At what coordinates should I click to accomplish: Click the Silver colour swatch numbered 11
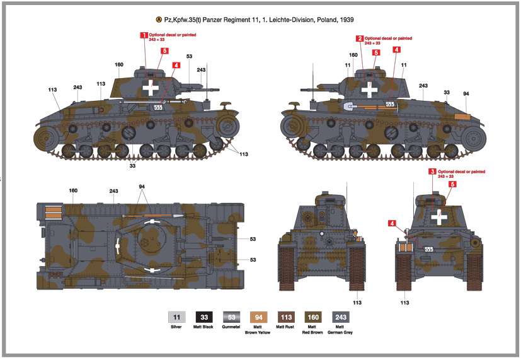(x=177, y=318)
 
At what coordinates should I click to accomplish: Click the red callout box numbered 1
(x=144, y=35)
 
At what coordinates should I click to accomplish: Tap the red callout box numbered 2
(x=360, y=38)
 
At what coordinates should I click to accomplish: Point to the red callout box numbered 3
(x=432, y=171)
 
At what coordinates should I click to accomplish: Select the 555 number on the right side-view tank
(x=390, y=103)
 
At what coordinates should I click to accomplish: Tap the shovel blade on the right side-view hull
(x=349, y=107)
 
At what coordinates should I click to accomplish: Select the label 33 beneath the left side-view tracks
(x=132, y=166)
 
